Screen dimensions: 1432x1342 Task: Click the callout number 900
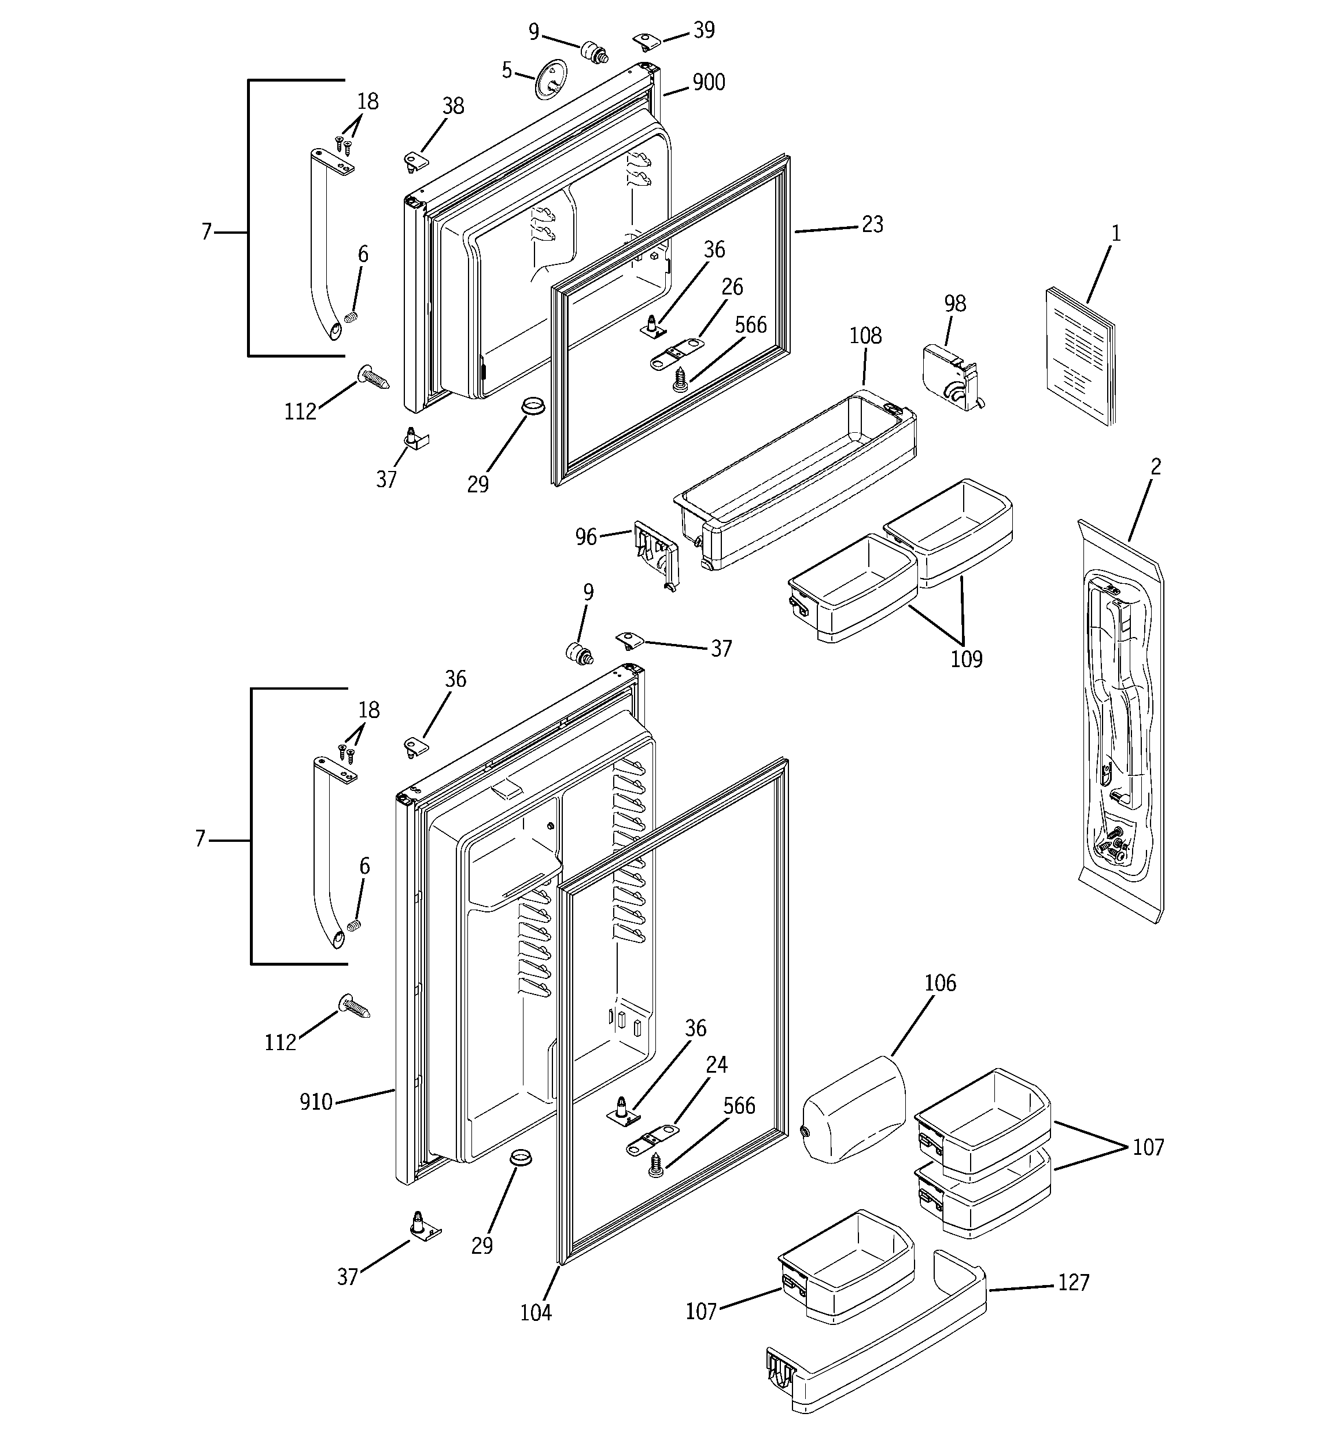[708, 83]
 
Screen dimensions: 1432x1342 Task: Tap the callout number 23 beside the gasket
[872, 224]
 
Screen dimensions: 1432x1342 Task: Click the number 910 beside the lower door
[315, 1102]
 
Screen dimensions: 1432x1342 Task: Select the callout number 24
[716, 1064]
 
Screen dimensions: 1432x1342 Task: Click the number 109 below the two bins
[965, 659]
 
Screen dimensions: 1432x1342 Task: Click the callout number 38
[452, 106]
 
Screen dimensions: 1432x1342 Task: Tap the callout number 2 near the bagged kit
[1155, 467]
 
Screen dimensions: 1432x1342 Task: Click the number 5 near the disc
[506, 71]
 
